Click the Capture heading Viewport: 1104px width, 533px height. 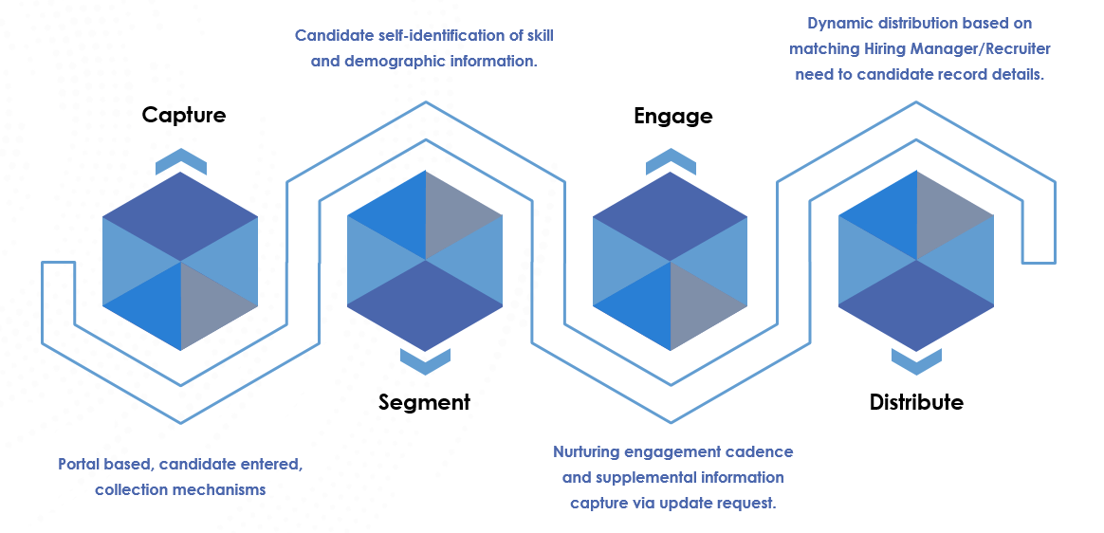pyautogui.click(x=184, y=116)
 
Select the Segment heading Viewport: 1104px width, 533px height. pyautogui.click(x=424, y=402)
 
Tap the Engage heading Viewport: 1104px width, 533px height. pyautogui.click(x=672, y=117)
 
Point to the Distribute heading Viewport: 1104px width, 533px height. pyautogui.click(x=916, y=402)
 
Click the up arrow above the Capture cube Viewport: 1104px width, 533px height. pyautogui.click(x=181, y=162)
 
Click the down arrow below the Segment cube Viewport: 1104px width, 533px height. pyautogui.click(x=425, y=360)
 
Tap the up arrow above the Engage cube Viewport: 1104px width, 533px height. pyautogui.click(x=671, y=162)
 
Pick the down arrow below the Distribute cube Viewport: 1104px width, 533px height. pyautogui.click(x=916, y=360)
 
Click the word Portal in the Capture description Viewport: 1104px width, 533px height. pyautogui.click(x=80, y=465)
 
